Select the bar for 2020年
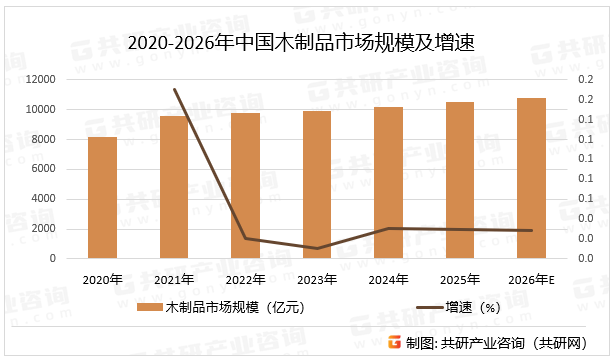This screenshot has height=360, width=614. click(103, 198)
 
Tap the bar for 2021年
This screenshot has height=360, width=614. click(174, 187)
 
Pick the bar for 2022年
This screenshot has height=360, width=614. click(246, 186)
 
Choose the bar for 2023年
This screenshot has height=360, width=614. click(317, 185)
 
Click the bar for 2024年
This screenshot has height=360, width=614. click(389, 183)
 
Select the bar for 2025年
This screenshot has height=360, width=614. click(460, 180)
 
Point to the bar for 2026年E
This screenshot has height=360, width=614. click(531, 178)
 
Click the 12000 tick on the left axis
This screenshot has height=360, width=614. click(40, 79)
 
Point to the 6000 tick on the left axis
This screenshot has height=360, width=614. click(43, 169)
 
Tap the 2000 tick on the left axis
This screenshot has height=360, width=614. click(43, 229)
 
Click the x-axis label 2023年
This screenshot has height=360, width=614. click(317, 279)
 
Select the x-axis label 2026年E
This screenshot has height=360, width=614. click(531, 279)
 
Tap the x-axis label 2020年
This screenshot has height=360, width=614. click(103, 279)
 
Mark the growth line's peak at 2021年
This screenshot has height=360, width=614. click(175, 89)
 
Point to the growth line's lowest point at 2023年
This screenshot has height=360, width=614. click(317, 248)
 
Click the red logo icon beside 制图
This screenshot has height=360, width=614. click(394, 342)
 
